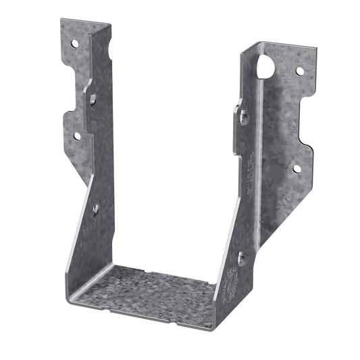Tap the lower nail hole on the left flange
coord(76,136)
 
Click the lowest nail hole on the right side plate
coord(241,255)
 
